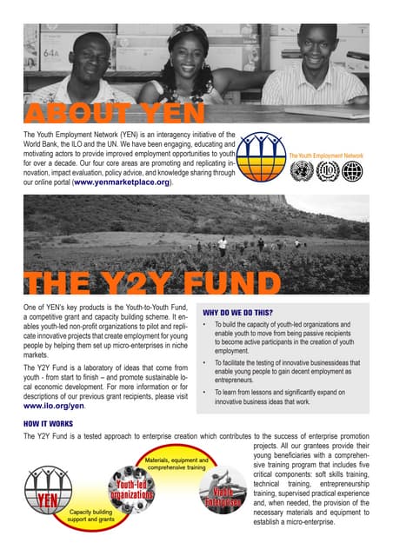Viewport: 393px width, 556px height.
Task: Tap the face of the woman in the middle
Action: coord(190,50)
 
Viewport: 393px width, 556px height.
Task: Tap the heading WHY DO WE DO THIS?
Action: coord(239,312)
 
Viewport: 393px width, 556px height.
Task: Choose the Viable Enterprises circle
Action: coord(227,494)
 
